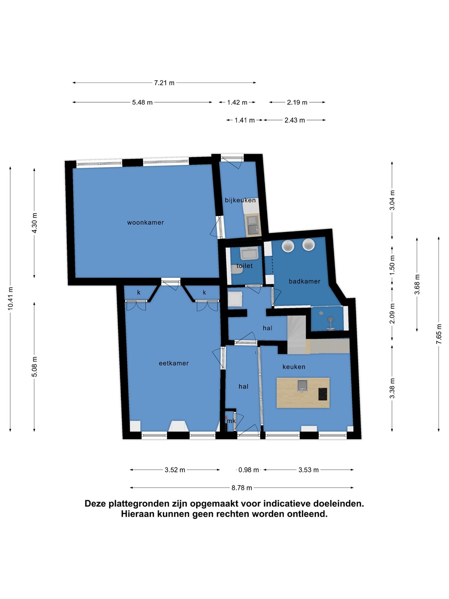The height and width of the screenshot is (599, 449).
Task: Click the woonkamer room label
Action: (x=146, y=223)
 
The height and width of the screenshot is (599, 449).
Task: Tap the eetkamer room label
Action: (x=174, y=363)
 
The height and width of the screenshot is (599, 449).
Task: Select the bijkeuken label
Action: (x=240, y=200)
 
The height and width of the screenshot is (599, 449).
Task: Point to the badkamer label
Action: (x=304, y=281)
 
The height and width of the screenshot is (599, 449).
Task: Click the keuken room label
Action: (x=294, y=367)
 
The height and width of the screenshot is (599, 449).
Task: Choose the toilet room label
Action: (x=244, y=265)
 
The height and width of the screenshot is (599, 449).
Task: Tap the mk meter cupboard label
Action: (x=231, y=421)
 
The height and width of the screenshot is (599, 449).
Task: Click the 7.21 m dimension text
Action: (x=164, y=83)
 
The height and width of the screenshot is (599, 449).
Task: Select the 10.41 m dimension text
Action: (x=10, y=298)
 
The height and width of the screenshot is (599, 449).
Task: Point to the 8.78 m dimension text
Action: (x=242, y=488)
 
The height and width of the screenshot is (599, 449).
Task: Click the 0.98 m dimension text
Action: (x=249, y=470)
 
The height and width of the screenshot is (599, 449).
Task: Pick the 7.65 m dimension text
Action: (x=439, y=334)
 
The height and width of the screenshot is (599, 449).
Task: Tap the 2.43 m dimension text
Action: (x=295, y=120)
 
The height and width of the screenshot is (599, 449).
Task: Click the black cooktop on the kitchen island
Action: (x=323, y=394)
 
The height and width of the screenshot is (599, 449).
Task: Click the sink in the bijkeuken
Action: (x=254, y=226)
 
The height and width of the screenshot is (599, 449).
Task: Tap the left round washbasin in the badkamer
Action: (x=288, y=245)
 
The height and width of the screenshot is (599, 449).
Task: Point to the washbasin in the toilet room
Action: (x=249, y=253)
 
